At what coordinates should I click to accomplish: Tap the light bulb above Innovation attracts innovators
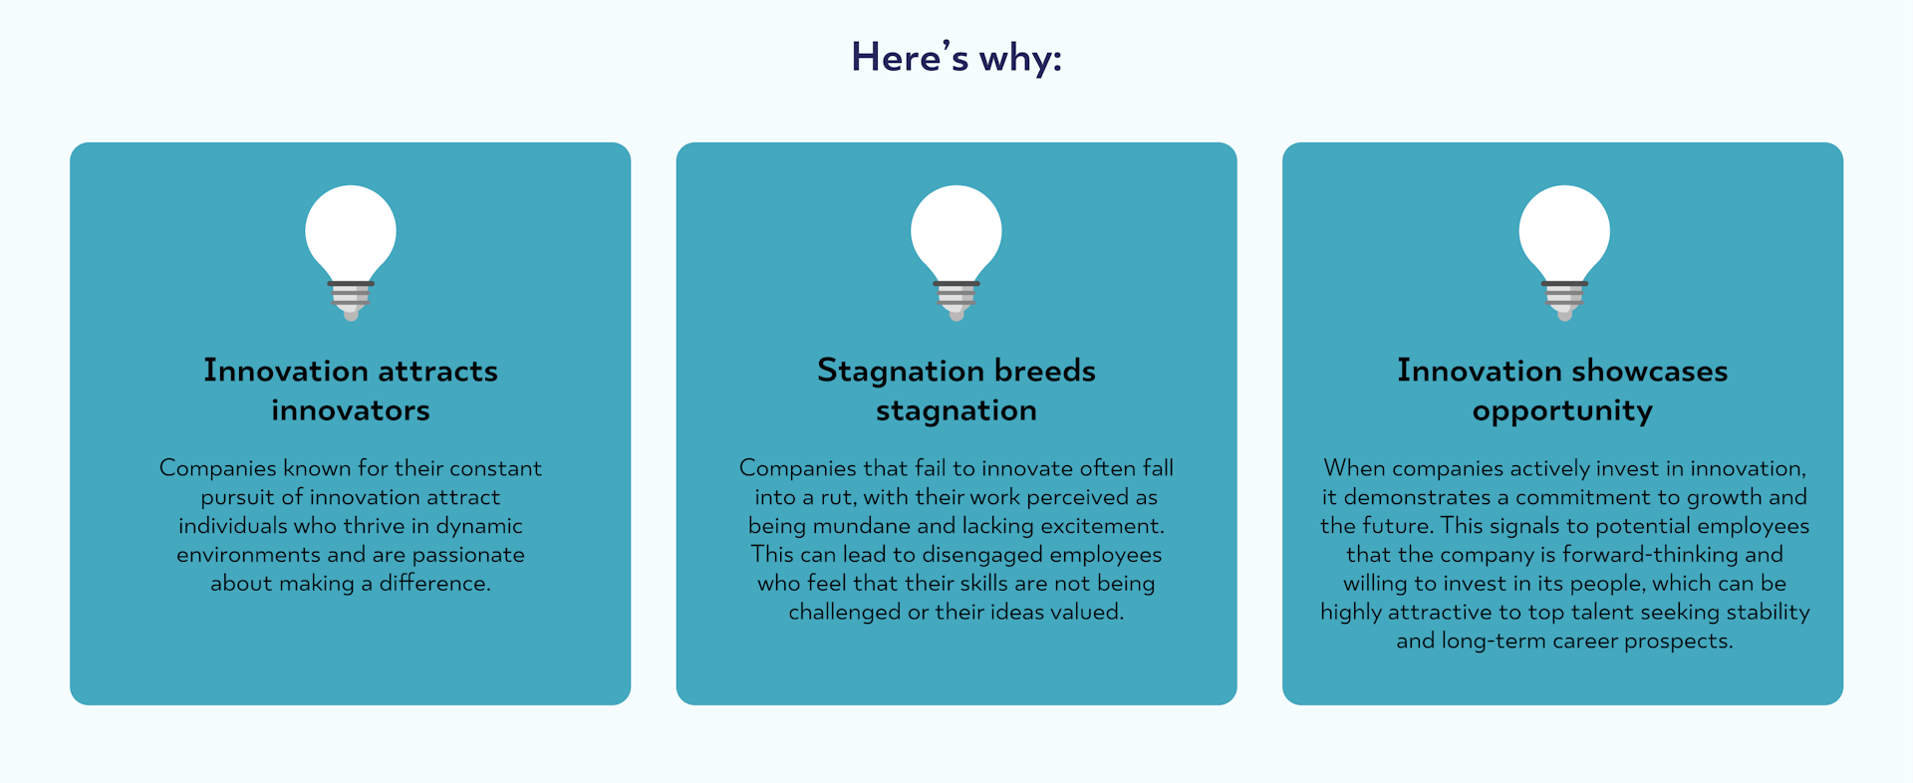[351, 252]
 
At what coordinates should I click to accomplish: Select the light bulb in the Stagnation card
[956, 252]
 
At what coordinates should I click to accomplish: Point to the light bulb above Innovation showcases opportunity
[1564, 252]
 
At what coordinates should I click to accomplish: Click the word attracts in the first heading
[437, 371]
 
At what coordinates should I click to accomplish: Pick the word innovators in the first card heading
[351, 410]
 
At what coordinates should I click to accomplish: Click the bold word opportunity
[1562, 411]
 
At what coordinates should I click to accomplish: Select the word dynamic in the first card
[479, 526]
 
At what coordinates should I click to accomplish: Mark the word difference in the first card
[434, 584]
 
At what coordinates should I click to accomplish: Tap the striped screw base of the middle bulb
[956, 299]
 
